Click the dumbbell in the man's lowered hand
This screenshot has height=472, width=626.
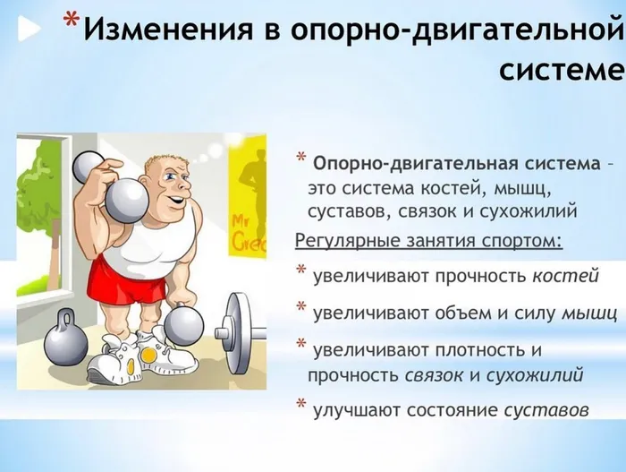pos(186,325)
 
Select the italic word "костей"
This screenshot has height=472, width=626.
pos(565,277)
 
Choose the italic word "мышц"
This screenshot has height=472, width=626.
pos(589,313)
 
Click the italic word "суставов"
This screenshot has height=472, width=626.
pos(546,411)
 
